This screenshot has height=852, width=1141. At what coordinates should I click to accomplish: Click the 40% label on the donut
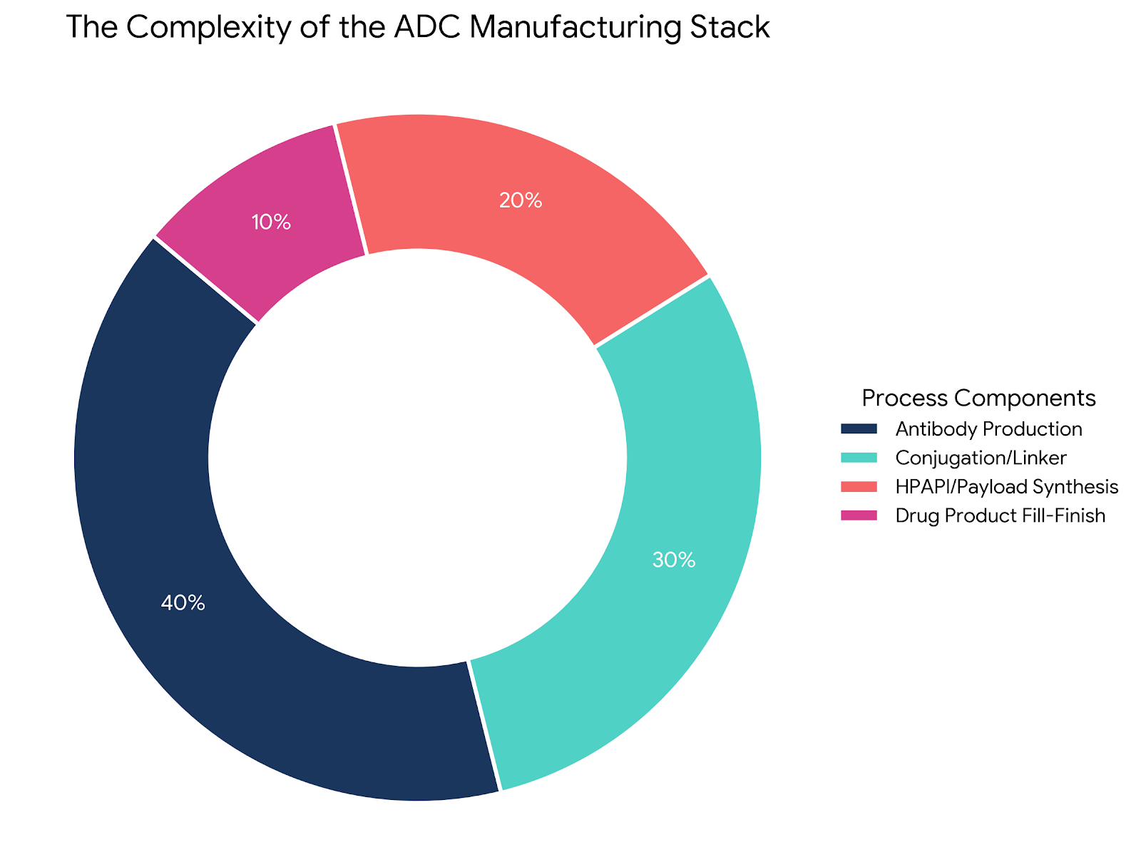coord(183,603)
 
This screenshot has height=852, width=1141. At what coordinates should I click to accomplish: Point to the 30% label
coord(674,560)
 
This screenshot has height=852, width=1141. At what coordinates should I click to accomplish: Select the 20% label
coord(521,201)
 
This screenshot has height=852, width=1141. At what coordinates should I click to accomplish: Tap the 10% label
coord(271,222)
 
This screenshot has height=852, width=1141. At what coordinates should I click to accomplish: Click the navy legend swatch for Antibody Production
coord(858,429)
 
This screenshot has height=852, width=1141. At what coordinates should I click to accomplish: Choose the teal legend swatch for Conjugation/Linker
coord(858,458)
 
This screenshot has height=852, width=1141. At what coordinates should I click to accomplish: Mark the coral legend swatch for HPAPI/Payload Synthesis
coord(858,487)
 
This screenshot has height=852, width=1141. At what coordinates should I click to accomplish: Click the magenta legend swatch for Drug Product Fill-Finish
coord(858,515)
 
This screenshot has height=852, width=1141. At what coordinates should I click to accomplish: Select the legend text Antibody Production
coord(989,429)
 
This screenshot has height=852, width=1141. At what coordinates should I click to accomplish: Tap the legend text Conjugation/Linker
coord(981,458)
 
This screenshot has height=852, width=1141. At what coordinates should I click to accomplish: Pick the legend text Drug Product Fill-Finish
coord(1001,515)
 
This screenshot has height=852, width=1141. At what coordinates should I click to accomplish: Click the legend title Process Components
coord(978,398)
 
